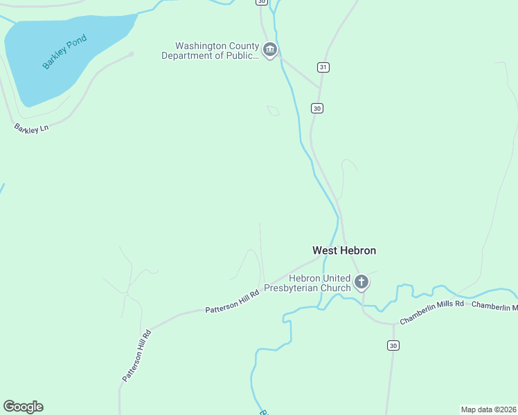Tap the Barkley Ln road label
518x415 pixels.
[x=31, y=128]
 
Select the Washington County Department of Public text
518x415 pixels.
[x=211, y=50]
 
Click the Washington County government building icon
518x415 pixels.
[x=270, y=49]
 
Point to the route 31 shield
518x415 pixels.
[x=323, y=67]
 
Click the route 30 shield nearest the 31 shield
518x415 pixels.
[x=316, y=108]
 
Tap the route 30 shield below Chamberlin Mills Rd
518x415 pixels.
[x=393, y=345]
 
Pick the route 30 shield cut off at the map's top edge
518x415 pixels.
[x=261, y=2]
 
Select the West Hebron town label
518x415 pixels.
[x=344, y=250]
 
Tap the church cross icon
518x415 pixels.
[x=361, y=282]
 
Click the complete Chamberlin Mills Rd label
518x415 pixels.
[x=431, y=312]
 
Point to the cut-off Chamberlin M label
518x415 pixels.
[x=495, y=306]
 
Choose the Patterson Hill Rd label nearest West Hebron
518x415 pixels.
[x=232, y=302]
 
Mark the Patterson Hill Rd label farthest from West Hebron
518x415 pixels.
[x=136, y=356]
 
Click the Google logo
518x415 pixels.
[x=23, y=407]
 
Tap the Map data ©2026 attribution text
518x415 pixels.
[x=488, y=409]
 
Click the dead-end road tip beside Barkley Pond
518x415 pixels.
[x=131, y=53]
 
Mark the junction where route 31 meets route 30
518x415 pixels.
[x=320, y=87]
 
